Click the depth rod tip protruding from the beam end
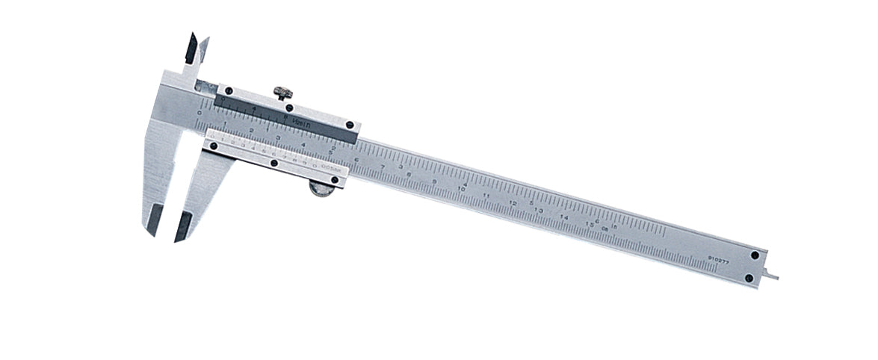773,277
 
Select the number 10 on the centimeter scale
462,190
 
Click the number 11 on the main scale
487,196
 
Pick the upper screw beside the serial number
755,255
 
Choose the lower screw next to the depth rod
749,278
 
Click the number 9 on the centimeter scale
435,182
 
